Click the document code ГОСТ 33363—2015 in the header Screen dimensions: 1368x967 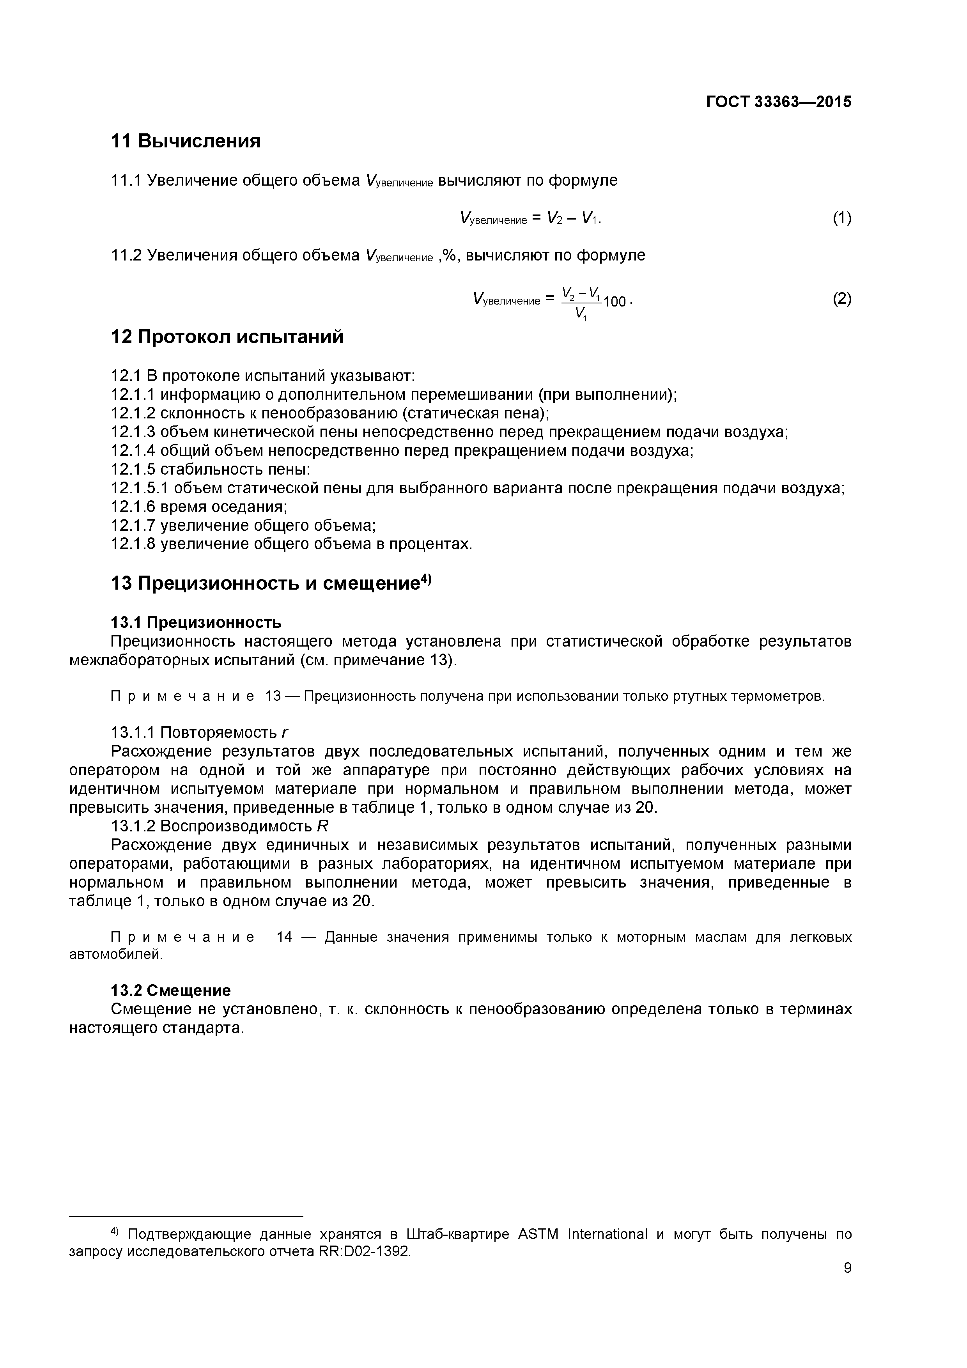pos(778,102)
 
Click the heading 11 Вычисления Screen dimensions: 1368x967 pos(186,141)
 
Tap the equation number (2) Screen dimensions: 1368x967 pos(841,298)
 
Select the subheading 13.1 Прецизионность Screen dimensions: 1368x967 pos(196,623)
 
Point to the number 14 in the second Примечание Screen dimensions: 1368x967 pos(284,937)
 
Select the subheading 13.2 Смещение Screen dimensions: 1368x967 pos(171,990)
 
